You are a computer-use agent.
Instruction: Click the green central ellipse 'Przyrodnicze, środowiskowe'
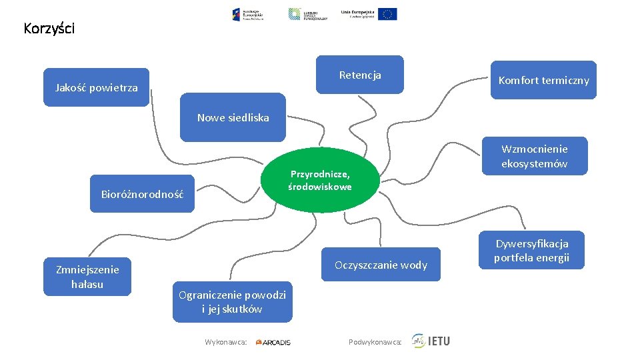point(320,180)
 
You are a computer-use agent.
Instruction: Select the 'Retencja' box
point(360,75)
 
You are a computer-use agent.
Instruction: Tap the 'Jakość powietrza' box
point(97,87)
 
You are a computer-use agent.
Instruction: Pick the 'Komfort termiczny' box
point(544,80)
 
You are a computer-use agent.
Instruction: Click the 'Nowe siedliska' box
point(233,118)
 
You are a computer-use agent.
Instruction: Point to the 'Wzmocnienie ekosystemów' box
point(535,156)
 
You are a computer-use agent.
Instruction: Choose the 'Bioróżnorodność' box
point(142,194)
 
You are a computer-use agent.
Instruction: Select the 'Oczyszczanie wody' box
point(381,265)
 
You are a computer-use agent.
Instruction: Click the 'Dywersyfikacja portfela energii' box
point(531,251)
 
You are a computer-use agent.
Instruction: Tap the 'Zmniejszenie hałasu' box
point(87,277)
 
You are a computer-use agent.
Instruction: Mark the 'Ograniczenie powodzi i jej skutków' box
point(232,301)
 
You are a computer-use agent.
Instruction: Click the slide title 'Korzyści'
point(49,29)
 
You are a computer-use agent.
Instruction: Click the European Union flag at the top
point(387,14)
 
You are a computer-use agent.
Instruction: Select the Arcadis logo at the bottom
point(273,342)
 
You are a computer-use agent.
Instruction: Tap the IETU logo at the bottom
point(431,341)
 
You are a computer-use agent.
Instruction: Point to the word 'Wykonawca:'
point(226,342)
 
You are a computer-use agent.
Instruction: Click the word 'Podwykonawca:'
point(375,342)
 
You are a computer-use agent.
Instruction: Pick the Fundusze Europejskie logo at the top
point(248,14)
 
